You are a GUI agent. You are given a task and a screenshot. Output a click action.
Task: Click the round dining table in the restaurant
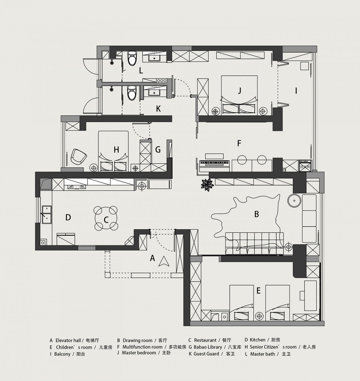tap(106, 218)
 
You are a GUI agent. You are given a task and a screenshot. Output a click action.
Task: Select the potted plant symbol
tap(207, 185)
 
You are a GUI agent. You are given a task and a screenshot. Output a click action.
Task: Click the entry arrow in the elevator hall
tap(164, 261)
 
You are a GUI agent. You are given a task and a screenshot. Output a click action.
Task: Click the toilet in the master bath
tap(132, 58)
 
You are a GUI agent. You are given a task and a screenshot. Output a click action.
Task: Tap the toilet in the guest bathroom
tap(132, 93)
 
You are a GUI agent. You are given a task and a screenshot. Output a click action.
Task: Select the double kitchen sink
tap(47, 215)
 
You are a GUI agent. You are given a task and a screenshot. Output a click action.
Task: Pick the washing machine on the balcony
tap(305, 166)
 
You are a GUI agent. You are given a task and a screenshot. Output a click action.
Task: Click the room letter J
tap(239, 90)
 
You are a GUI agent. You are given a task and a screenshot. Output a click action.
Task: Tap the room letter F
tap(239, 143)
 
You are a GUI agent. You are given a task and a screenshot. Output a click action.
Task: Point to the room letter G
tap(158, 149)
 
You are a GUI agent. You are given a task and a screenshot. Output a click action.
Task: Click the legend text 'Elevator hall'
tap(68, 340)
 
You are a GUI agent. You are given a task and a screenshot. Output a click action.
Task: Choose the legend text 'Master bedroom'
tap(139, 353)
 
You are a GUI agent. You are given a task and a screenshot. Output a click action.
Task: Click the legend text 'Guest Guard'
tap(206, 354)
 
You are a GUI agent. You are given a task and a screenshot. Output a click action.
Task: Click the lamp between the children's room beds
tap(259, 316)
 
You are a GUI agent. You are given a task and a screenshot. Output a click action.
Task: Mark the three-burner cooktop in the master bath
tap(161, 80)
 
